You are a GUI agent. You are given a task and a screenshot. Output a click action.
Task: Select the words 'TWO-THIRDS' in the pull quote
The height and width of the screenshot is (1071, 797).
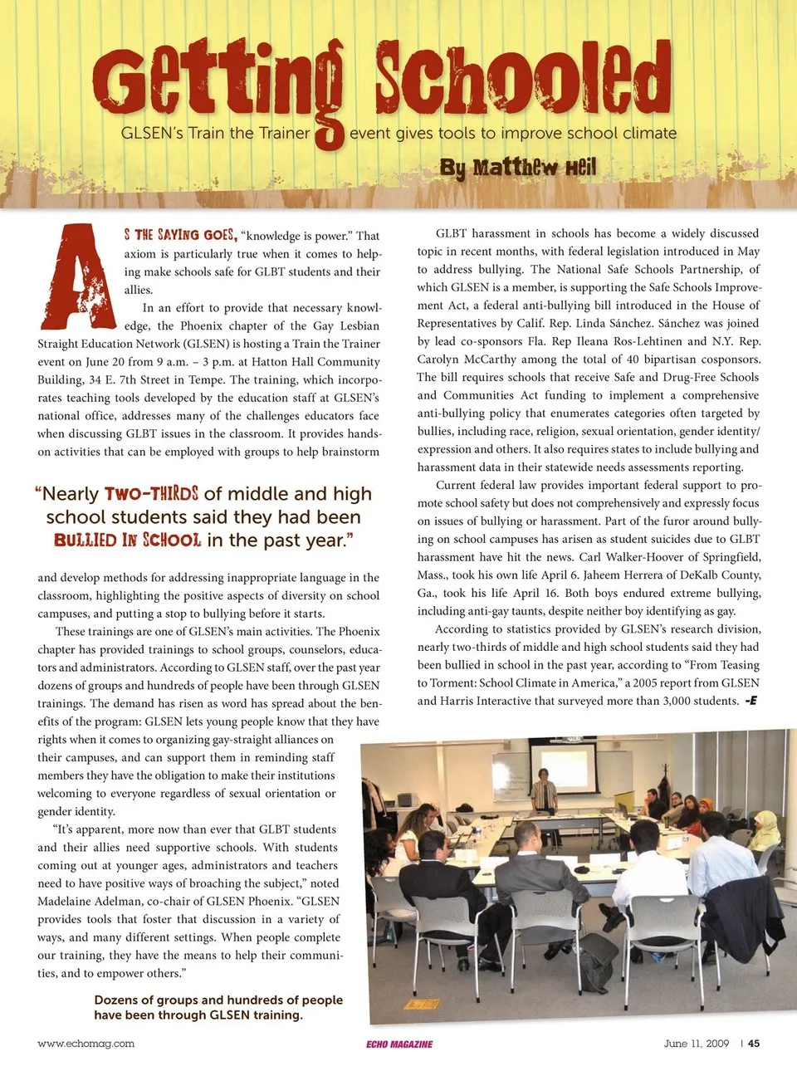point(151,494)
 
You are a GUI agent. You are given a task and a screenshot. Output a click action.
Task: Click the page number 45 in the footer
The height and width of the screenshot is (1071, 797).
point(754,1044)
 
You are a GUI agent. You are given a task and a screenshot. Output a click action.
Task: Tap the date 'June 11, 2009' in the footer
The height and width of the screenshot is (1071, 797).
point(697,1044)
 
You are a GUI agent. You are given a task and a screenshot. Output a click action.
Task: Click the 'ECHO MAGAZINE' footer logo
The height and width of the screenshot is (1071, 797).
point(399,1044)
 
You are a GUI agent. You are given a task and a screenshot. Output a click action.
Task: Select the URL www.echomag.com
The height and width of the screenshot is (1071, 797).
point(86,1044)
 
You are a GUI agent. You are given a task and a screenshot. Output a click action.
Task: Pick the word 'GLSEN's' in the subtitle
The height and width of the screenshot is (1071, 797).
point(152,133)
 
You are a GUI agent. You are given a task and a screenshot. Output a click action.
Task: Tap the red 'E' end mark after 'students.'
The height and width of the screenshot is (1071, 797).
point(751,702)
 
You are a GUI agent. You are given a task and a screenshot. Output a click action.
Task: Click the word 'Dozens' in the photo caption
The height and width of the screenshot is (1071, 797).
point(117,1000)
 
